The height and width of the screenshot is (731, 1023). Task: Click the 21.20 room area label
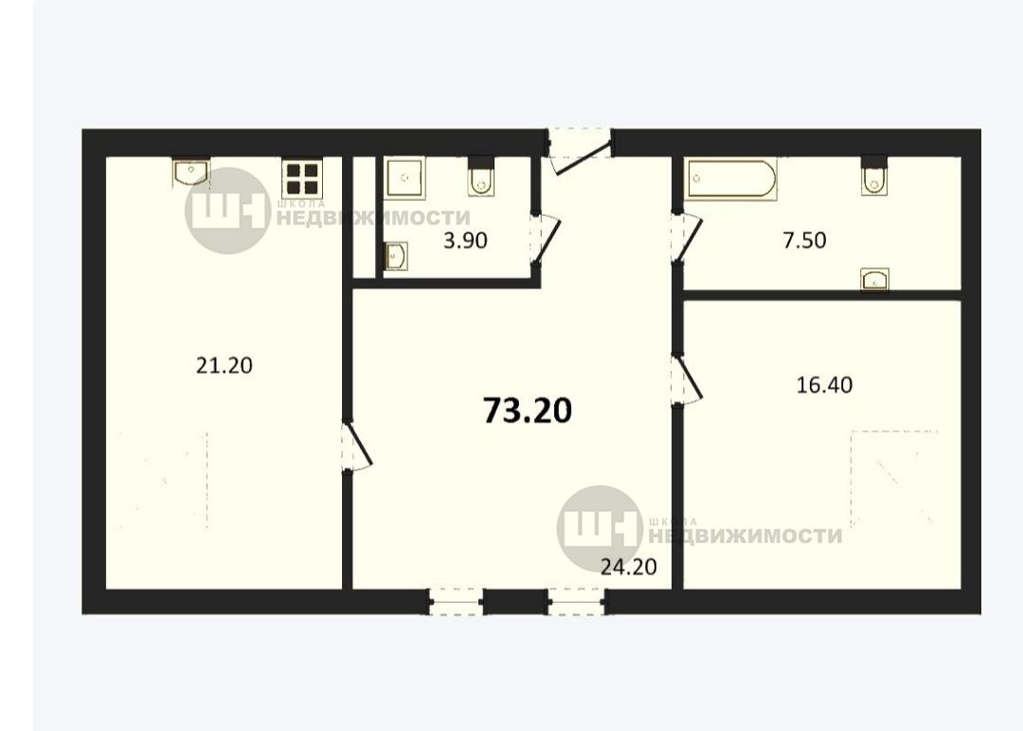(224, 365)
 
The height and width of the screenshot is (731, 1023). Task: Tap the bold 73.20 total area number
(528, 411)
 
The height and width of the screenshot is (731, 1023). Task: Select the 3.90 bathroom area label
(465, 241)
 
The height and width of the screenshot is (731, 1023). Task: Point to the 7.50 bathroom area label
(804, 241)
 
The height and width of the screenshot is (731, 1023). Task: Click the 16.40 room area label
(825, 385)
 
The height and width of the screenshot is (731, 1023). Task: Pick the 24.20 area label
(628, 566)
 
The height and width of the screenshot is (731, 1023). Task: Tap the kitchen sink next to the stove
(191, 172)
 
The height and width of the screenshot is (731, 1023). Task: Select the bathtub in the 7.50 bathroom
(732, 179)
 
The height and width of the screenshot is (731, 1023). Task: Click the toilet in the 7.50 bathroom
(874, 175)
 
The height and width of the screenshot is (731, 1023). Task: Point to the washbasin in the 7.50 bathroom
(875, 279)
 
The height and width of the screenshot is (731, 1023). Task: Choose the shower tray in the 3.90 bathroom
(404, 177)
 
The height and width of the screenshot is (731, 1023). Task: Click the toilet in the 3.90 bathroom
(481, 175)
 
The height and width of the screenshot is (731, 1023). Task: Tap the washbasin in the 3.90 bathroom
(396, 255)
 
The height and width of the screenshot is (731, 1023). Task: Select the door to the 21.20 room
(357, 446)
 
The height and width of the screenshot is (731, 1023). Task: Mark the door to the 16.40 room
(688, 379)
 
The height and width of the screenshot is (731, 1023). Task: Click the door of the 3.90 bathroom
(546, 239)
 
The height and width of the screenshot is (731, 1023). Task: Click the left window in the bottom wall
(456, 601)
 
